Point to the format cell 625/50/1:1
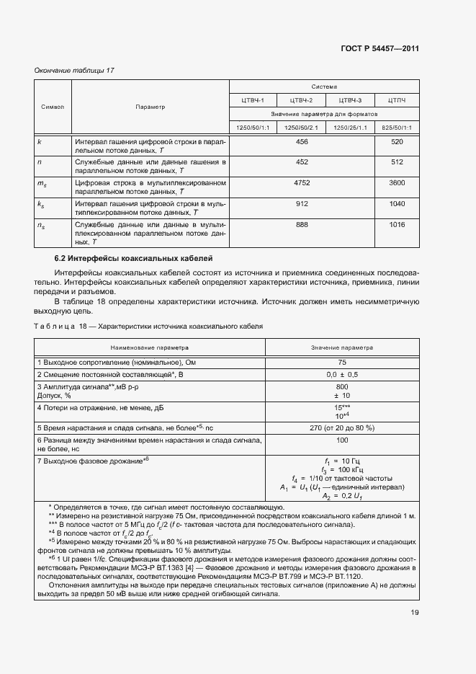(x=397, y=128)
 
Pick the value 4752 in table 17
(x=302, y=183)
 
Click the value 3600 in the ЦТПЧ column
(x=397, y=183)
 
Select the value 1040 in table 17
(x=397, y=204)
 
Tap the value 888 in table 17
(x=302, y=225)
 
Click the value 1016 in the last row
(x=397, y=225)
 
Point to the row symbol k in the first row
(x=39, y=142)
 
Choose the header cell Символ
(x=53, y=107)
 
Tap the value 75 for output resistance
(x=342, y=362)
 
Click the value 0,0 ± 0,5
(x=342, y=376)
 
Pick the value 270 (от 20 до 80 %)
(x=342, y=427)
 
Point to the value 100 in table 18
(x=342, y=440)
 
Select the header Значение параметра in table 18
(x=342, y=347)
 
